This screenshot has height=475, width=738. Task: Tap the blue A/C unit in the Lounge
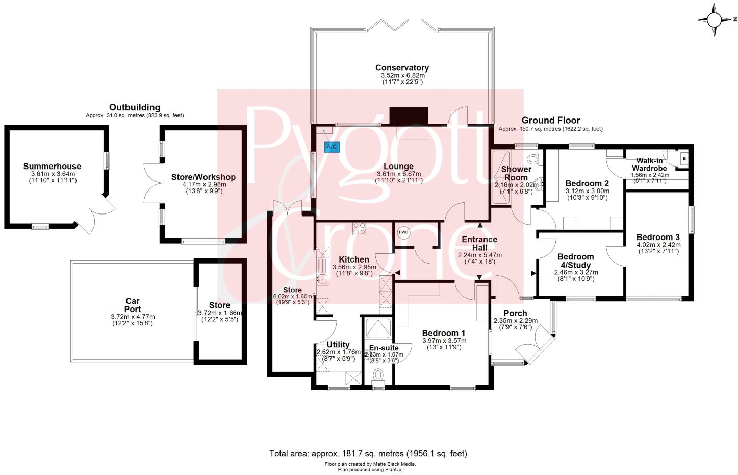(331, 147)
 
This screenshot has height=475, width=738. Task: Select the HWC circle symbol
(403, 232)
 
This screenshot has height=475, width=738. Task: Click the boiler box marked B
(683, 158)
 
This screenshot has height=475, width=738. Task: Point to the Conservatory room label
(402, 68)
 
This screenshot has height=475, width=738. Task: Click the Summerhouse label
(52, 166)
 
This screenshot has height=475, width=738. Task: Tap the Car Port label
(132, 305)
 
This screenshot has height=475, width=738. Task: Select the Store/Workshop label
(203, 177)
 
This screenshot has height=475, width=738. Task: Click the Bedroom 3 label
(657, 237)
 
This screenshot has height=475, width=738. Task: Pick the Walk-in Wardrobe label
(649, 164)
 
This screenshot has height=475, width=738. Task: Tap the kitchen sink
(322, 278)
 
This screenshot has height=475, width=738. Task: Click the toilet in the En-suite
(378, 375)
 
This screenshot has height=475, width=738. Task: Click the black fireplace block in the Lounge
(409, 115)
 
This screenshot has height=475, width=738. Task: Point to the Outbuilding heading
(135, 107)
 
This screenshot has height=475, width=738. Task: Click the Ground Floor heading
(550, 121)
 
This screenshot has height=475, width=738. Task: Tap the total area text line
(368, 453)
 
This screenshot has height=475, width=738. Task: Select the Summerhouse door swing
(97, 217)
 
